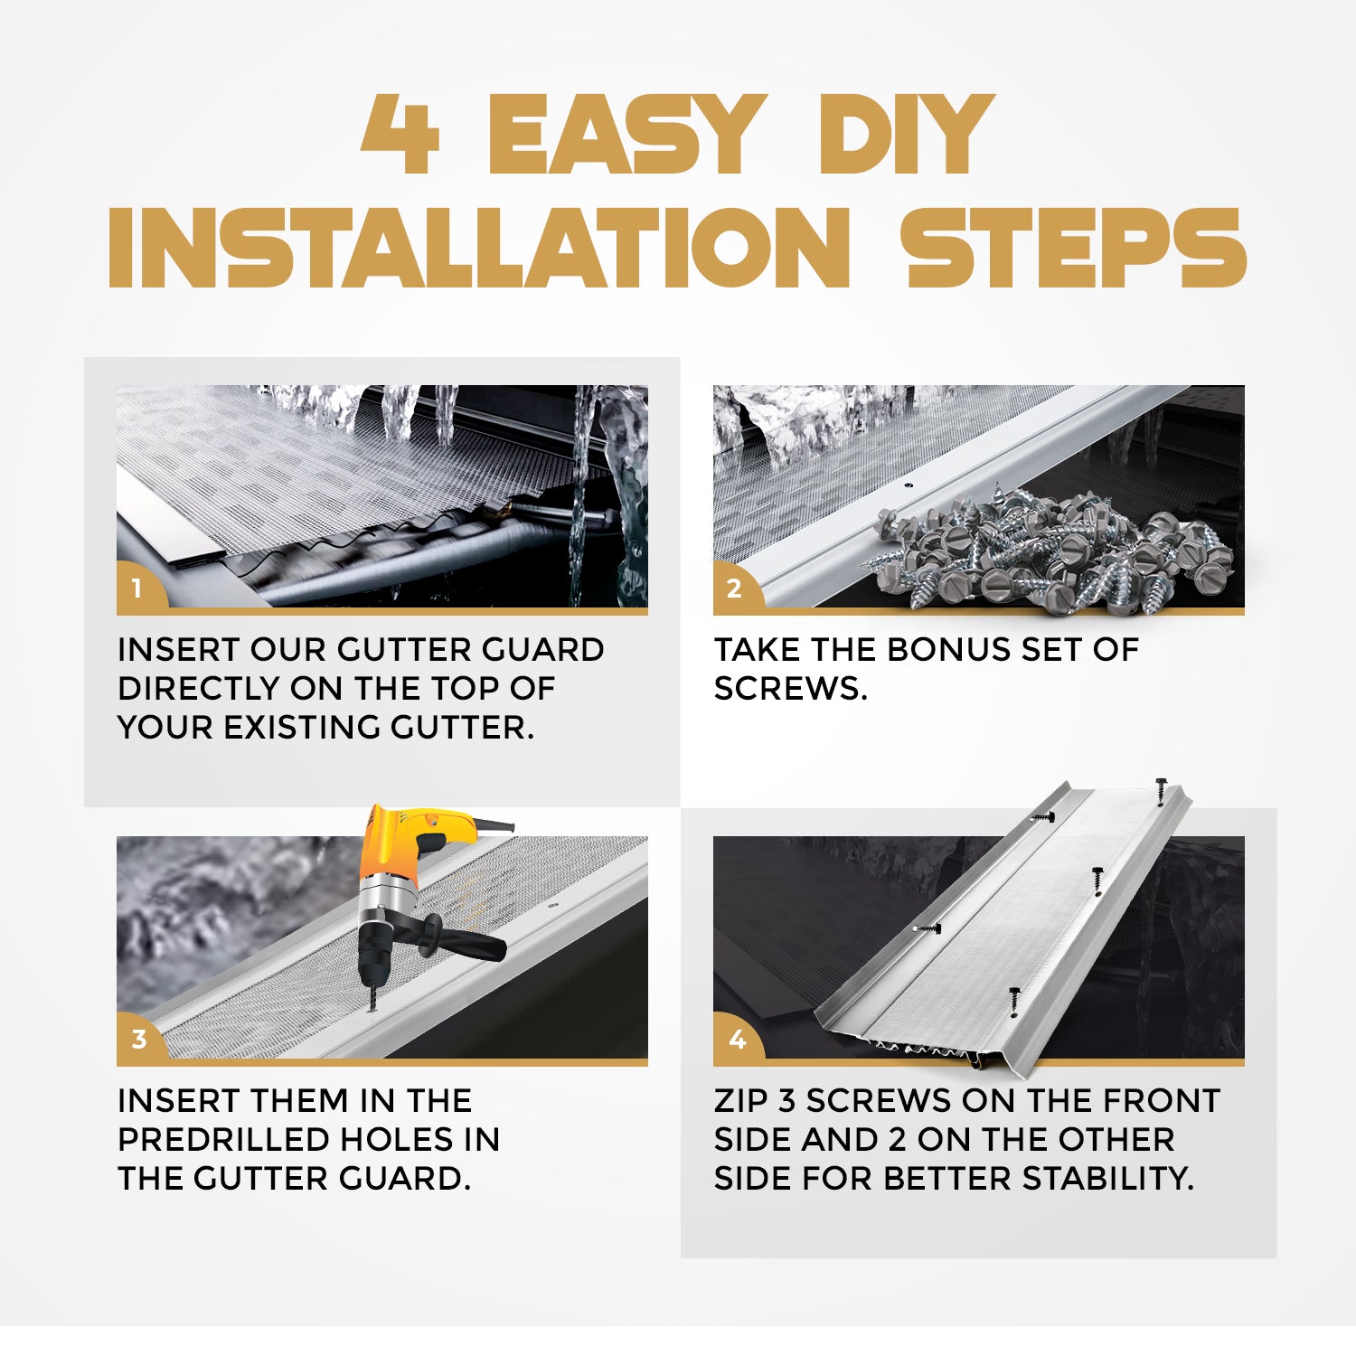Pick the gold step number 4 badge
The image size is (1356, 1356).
[x=737, y=1040]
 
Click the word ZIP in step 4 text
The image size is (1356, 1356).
[x=740, y=1101]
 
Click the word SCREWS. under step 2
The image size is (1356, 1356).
[x=790, y=689]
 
